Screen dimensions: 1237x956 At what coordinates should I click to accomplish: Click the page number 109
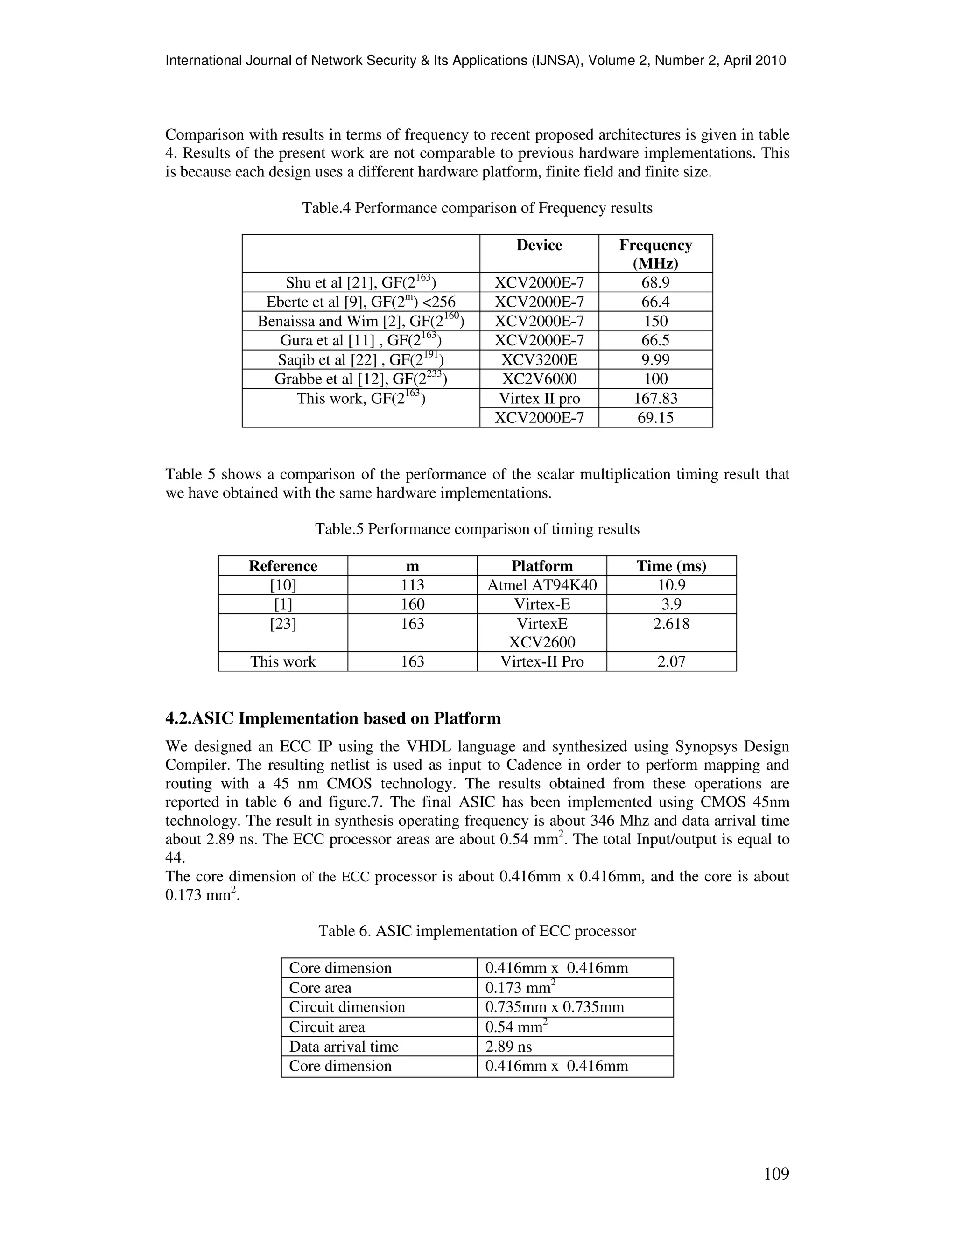click(x=776, y=1174)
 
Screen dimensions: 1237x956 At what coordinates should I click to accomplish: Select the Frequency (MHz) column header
click(x=655, y=254)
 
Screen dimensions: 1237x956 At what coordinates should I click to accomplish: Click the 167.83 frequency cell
click(x=655, y=398)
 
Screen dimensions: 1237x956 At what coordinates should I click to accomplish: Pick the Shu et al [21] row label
click(x=360, y=282)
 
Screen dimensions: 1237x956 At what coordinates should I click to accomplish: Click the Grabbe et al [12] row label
click(x=360, y=379)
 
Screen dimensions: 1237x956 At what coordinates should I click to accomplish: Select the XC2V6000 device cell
click(x=539, y=379)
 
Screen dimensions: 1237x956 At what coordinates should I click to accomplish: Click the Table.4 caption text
click(x=477, y=208)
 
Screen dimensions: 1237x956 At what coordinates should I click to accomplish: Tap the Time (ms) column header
click(x=671, y=566)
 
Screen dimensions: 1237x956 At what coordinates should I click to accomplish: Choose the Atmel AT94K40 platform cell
click(x=542, y=585)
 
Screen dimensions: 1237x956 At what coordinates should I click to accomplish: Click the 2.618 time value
click(x=671, y=624)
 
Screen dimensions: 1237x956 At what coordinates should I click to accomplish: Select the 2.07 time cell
click(x=671, y=661)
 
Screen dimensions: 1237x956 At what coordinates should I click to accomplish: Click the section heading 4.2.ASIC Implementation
click(x=333, y=718)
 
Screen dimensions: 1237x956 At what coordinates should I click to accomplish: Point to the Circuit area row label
click(x=327, y=1027)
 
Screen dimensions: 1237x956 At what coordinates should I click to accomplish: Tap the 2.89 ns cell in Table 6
click(x=509, y=1046)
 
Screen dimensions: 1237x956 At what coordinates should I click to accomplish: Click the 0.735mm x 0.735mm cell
click(x=555, y=1007)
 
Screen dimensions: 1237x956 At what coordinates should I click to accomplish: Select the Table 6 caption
click(x=477, y=931)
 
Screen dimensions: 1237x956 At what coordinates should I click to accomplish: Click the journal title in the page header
click(x=475, y=61)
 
